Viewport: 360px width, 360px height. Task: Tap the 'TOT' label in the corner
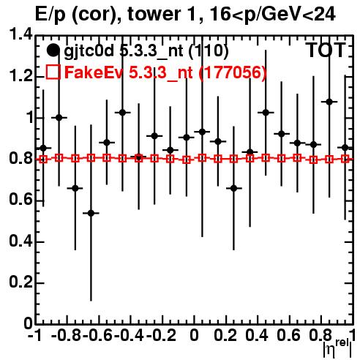(326, 50)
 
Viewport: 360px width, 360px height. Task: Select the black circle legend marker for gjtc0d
(53, 50)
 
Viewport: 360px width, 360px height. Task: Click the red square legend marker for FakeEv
(53, 72)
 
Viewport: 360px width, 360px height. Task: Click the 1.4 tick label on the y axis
(20, 34)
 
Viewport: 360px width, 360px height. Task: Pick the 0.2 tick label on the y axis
(20, 282)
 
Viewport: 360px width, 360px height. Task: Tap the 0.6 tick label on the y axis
(20, 200)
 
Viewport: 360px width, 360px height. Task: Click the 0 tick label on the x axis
(194, 335)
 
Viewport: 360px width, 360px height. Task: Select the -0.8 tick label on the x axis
(66, 335)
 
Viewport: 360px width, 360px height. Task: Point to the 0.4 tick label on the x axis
(257, 335)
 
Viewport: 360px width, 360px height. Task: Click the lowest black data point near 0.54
(91, 213)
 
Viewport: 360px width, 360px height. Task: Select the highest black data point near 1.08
(329, 102)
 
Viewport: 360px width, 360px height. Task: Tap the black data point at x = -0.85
(59, 118)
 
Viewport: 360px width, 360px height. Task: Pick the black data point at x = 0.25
(233, 188)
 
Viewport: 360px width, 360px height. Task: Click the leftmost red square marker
(43, 160)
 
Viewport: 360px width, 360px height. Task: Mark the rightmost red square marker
(345, 159)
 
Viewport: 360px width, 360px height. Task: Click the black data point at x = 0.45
(266, 113)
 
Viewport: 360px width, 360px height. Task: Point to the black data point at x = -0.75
(75, 188)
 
